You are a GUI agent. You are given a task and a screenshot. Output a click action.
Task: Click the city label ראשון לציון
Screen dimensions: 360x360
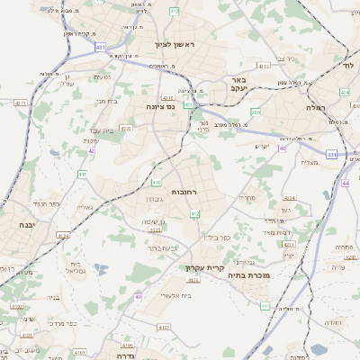pyautogui.click(x=168, y=43)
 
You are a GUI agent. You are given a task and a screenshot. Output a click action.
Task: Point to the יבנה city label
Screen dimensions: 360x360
pyautogui.click(x=15, y=226)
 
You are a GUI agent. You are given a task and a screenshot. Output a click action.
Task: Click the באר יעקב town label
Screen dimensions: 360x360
pyautogui.click(x=262, y=86)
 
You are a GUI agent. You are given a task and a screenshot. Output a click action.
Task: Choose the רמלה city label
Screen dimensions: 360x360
pyautogui.click(x=339, y=107)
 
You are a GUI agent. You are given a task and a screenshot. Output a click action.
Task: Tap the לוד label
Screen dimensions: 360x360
pyautogui.click(x=350, y=67)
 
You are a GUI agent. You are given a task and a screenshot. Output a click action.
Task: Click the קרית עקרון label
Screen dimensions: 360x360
pyautogui.click(x=202, y=267)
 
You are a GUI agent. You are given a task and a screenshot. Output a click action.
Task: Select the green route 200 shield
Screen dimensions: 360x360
pyautogui.click(x=256, y=112)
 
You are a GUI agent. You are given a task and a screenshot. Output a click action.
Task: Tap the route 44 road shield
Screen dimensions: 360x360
pyautogui.click(x=346, y=183)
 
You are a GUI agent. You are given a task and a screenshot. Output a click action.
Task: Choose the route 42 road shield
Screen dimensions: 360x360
pyautogui.click(x=91, y=151)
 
